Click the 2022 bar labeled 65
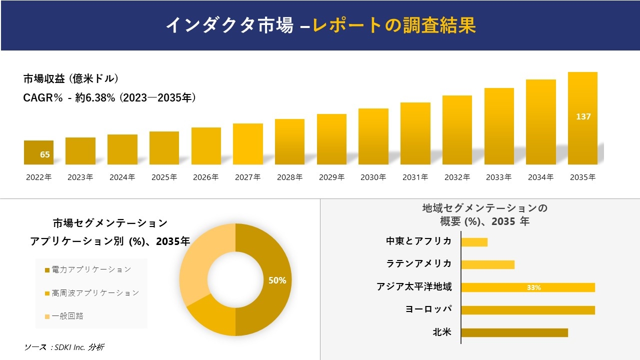point(38,152)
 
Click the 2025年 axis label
point(164,177)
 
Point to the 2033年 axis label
point(498,177)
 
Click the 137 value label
point(583,116)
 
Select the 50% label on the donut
point(277,280)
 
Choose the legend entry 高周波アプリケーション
point(92,293)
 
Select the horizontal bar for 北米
point(514,332)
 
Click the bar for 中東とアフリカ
point(474,242)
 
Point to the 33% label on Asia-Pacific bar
point(533,287)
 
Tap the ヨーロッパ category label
point(428,309)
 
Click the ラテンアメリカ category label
point(418,263)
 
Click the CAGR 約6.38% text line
point(109,98)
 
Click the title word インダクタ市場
point(229,25)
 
